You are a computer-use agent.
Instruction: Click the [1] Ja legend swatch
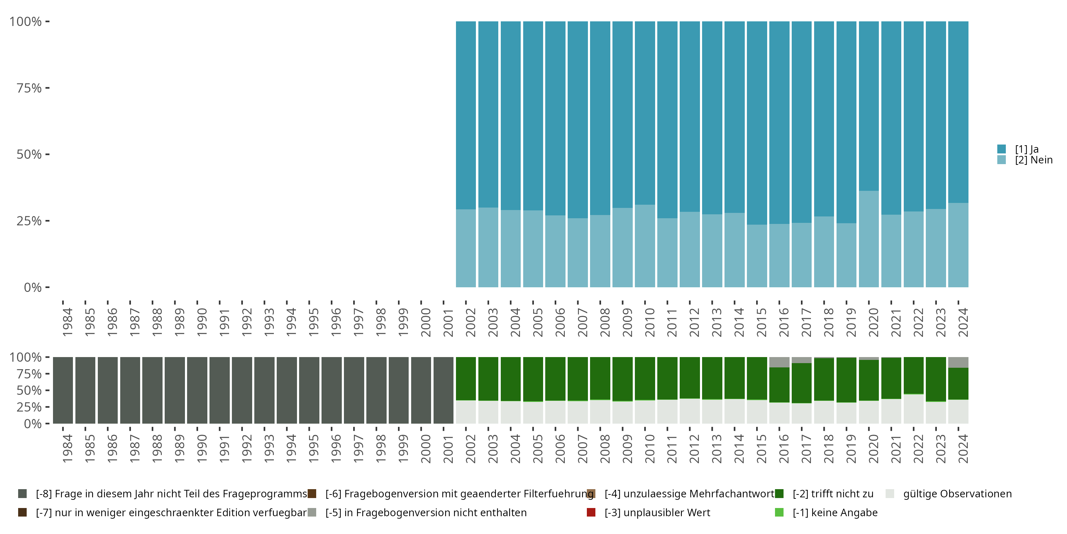[x=1001, y=149]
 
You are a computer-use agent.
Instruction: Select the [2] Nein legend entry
[x=1033, y=160]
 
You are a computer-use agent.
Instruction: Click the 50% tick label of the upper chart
[x=29, y=155]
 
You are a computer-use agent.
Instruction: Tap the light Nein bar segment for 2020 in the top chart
[x=869, y=239]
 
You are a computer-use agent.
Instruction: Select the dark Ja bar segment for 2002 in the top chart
[x=466, y=115]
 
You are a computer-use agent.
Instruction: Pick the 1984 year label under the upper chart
[x=68, y=322]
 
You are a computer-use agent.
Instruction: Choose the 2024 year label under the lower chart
[x=963, y=449]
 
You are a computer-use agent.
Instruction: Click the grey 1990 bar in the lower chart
[x=197, y=390]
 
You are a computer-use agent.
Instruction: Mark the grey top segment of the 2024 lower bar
[x=958, y=362]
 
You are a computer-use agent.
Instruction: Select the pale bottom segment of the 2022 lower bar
[x=913, y=409]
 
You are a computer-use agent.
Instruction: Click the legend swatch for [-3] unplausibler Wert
[x=591, y=512]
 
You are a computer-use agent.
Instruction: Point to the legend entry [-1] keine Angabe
[x=835, y=512]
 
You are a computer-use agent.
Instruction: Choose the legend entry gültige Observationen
[x=957, y=494]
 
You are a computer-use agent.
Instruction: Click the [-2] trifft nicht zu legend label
[x=833, y=494]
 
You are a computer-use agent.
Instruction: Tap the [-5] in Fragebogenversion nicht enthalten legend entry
[x=425, y=512]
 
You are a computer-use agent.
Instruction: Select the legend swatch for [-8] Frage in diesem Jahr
[x=22, y=494]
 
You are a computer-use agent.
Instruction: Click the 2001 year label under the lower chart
[x=448, y=449]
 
